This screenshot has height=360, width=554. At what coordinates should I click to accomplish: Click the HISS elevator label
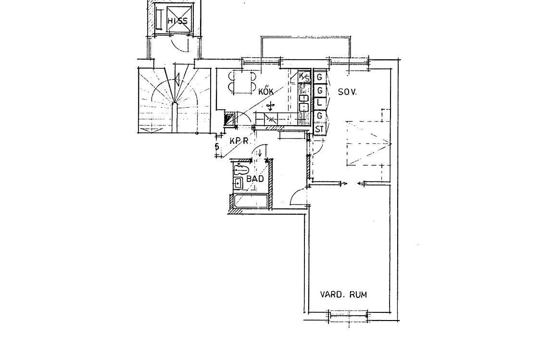[x=177, y=21]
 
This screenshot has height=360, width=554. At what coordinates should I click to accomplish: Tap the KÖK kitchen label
[x=266, y=91]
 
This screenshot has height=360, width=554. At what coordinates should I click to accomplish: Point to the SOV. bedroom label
[x=347, y=92]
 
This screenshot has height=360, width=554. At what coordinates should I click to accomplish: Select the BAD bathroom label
[x=255, y=179]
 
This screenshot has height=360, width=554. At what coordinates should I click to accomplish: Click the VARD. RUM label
[x=343, y=295]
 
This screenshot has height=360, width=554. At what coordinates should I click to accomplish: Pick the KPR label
[x=239, y=141]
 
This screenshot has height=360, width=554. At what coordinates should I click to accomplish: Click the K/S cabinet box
[x=304, y=77]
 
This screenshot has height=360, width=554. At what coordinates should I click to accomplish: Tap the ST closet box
[x=319, y=129]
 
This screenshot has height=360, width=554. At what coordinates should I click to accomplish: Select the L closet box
[x=319, y=103]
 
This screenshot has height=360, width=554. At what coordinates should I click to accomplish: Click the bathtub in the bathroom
[x=251, y=202]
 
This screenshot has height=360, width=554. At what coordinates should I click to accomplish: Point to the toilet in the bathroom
[x=241, y=169]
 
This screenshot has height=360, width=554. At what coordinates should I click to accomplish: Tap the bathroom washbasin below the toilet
[x=238, y=183]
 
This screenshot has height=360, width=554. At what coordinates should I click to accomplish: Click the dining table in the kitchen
[x=242, y=82]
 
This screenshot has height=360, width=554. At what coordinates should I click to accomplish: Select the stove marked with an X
[x=271, y=119]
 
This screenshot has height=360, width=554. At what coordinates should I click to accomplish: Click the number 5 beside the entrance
[x=217, y=146]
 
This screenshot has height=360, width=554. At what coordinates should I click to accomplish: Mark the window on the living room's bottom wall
[x=349, y=316]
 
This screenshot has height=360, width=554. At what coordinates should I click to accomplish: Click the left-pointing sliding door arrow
[x=361, y=183]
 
